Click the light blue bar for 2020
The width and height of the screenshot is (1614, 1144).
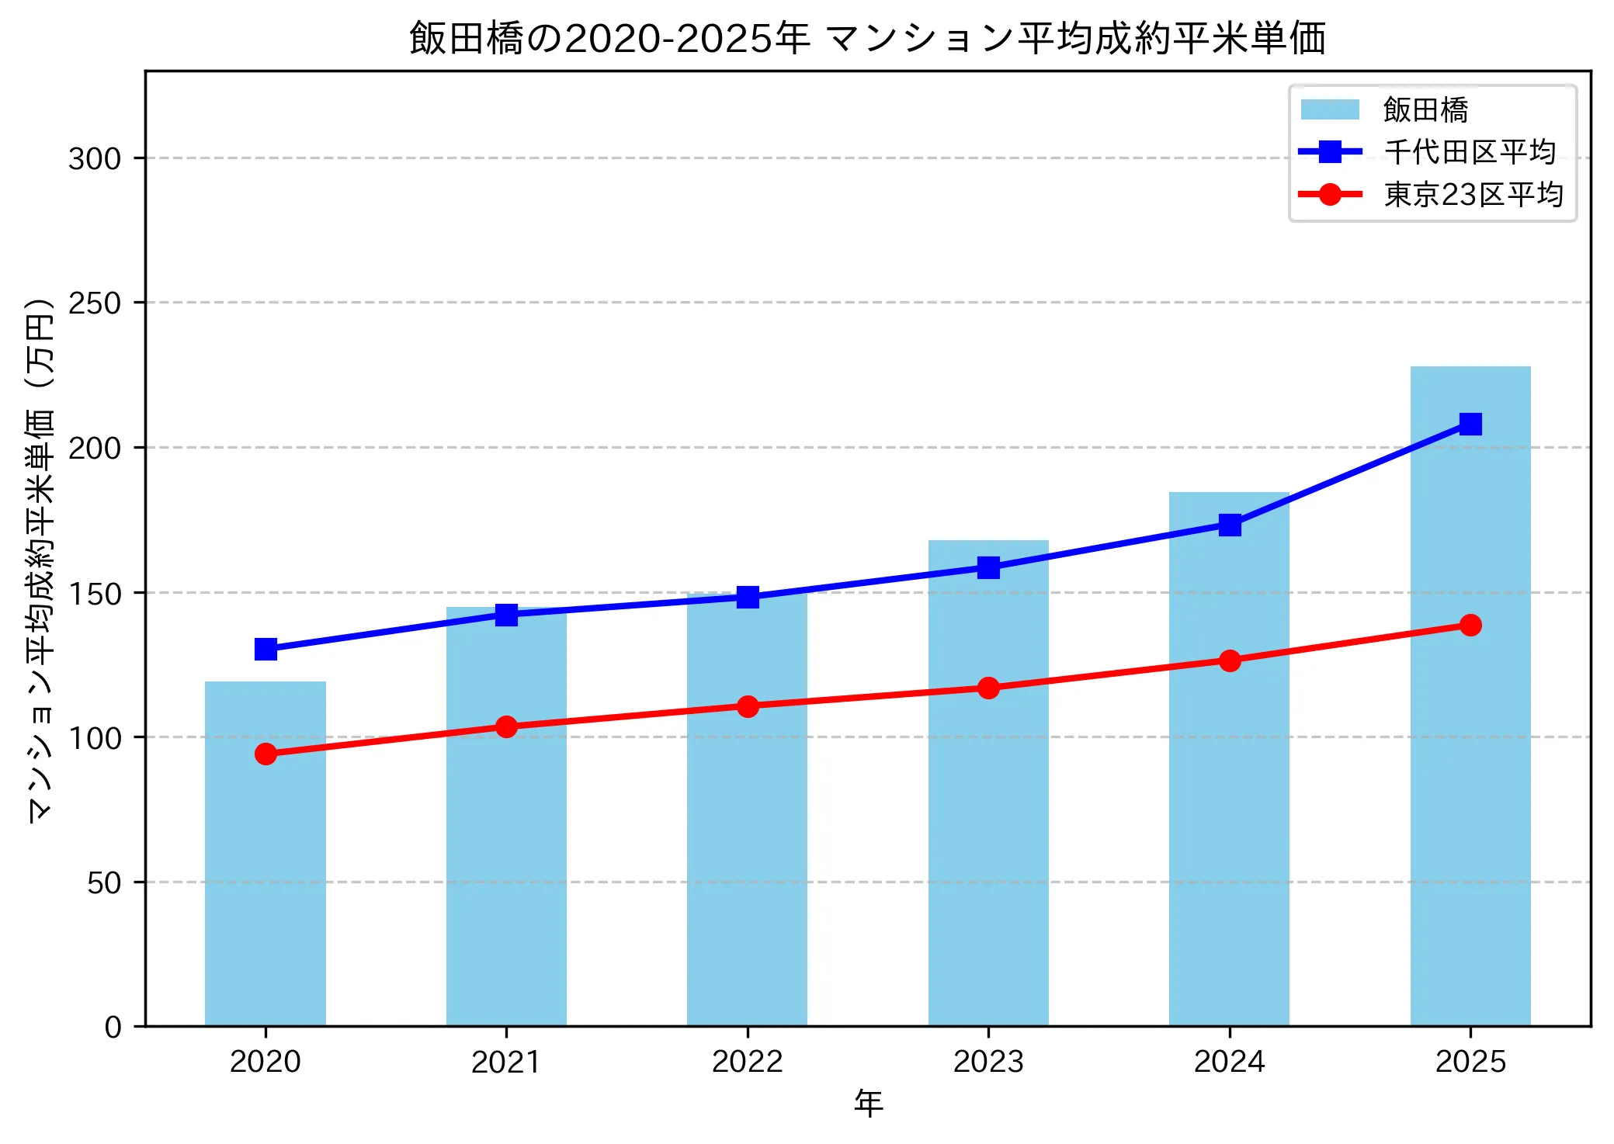266,854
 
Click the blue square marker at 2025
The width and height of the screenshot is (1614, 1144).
1470,424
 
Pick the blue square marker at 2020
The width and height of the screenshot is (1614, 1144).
266,649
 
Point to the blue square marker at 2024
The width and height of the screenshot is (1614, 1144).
1230,525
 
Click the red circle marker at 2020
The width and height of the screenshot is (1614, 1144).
266,754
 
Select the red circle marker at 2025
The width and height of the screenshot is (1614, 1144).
1470,625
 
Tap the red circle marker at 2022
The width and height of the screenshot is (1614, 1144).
748,706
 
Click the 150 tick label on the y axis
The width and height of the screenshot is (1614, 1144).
95,594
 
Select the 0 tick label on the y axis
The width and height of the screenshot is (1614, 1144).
113,1028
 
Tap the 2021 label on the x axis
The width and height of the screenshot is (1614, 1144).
506,1062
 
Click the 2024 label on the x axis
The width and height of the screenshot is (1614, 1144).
1230,1062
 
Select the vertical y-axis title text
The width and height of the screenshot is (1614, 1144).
40,559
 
